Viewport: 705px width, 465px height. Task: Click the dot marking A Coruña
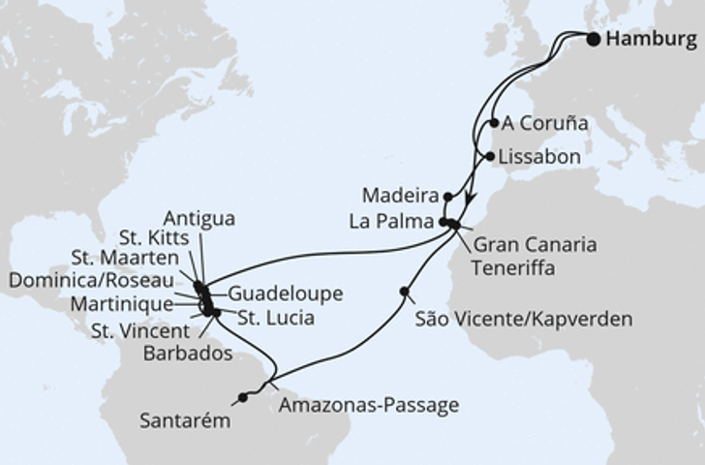click(x=495, y=123)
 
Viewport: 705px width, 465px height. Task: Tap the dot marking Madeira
click(x=447, y=196)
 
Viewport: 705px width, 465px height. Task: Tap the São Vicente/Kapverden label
click(x=522, y=319)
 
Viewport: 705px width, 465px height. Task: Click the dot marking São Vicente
click(x=404, y=292)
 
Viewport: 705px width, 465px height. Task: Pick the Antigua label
click(x=199, y=217)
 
